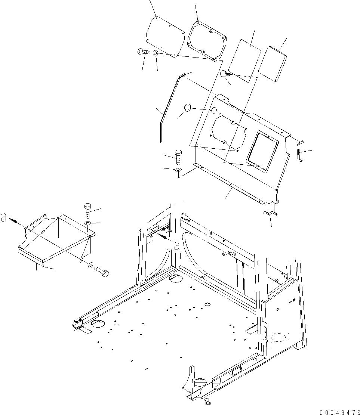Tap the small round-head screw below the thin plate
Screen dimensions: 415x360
(x=224, y=74)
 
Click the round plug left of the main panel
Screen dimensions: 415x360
(x=187, y=108)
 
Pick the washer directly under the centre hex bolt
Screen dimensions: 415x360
(x=178, y=171)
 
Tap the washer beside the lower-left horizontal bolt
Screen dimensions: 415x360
(x=90, y=266)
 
